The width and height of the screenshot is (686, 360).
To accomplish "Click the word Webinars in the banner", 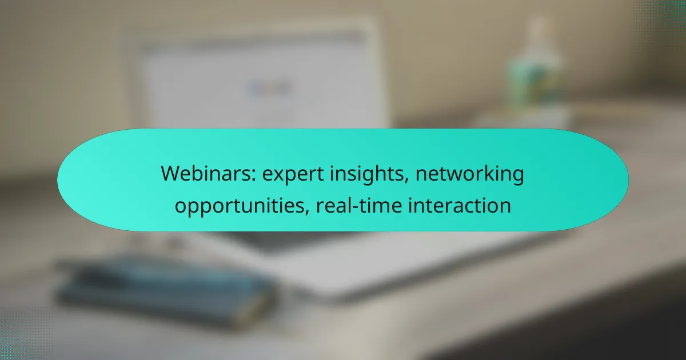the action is point(208,174).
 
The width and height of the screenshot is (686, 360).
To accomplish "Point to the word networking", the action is point(469,175).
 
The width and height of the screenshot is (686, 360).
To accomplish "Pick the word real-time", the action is point(359,205).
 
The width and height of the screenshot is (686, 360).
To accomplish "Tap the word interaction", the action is point(460,205).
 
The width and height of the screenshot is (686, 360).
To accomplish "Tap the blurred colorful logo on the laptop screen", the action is point(269,89).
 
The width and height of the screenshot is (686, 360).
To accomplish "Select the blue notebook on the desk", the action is point(165,291).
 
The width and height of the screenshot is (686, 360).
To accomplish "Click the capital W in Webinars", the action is point(172,174).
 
